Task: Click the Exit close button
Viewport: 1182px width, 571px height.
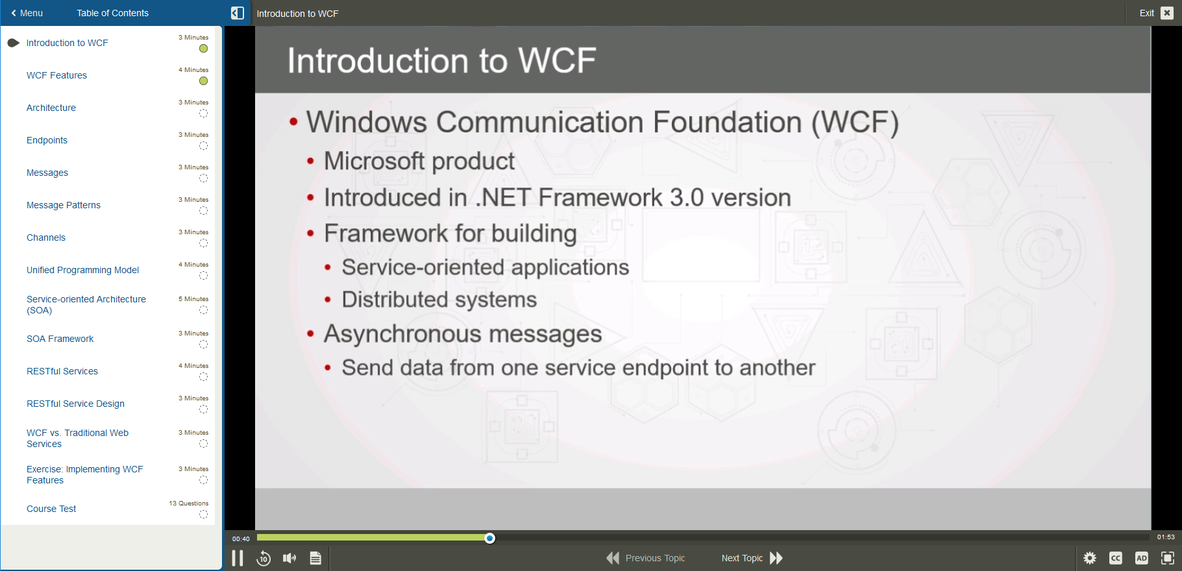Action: (1166, 13)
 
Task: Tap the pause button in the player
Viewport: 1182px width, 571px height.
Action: (238, 558)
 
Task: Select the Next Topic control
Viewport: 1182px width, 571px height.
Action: (752, 558)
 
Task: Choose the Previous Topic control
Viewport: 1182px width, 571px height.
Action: (646, 558)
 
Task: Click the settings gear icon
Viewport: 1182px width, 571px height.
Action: (1090, 558)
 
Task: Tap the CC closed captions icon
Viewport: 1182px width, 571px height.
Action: (1116, 558)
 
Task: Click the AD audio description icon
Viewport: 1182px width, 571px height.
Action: (1142, 558)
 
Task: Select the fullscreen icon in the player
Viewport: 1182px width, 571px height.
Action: (1168, 558)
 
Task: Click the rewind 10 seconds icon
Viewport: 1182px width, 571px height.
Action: (264, 558)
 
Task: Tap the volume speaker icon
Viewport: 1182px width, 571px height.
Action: (289, 558)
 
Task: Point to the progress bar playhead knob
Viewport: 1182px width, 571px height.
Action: (490, 538)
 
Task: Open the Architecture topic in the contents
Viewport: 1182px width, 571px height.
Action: (51, 108)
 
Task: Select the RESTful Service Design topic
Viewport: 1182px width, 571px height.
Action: (75, 404)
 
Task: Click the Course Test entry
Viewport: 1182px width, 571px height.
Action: (51, 509)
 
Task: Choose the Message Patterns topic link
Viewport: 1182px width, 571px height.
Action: (64, 205)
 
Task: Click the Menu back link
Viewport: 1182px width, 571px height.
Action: (27, 13)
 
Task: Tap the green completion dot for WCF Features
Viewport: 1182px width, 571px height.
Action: (203, 81)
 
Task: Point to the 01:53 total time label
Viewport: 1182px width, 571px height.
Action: (1166, 537)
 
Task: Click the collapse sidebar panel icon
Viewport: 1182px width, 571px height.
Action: (238, 13)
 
